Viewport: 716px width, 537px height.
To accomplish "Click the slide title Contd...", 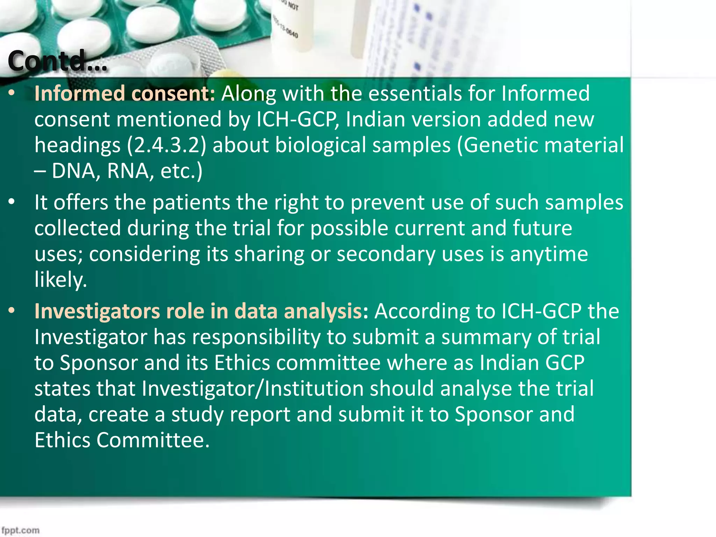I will pos(58,61).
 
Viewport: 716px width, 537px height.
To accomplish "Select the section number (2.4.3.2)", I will pos(166,145).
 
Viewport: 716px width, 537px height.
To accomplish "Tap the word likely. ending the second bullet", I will pos(60,280).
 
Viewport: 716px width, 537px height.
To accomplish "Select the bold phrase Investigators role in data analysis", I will pos(198,311).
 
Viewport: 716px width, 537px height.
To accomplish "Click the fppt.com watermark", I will pos(20,530).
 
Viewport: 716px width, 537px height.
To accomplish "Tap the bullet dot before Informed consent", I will pos(12,93).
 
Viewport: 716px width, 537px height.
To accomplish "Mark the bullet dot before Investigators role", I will pos(12,311).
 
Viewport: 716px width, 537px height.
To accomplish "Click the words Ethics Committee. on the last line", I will pos(122,440).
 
